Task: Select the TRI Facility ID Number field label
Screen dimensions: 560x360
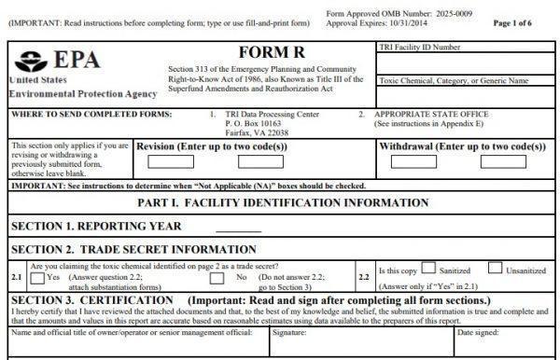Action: click(419, 47)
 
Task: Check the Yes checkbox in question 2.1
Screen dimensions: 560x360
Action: click(36, 278)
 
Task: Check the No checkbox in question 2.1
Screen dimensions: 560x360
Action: click(219, 278)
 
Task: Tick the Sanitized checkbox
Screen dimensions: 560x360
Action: click(429, 270)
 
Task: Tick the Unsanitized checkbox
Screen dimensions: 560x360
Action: click(496, 270)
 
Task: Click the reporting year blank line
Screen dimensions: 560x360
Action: click(238, 228)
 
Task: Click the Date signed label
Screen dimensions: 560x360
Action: click(476, 331)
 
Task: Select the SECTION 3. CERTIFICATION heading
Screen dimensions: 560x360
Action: click(88, 299)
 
